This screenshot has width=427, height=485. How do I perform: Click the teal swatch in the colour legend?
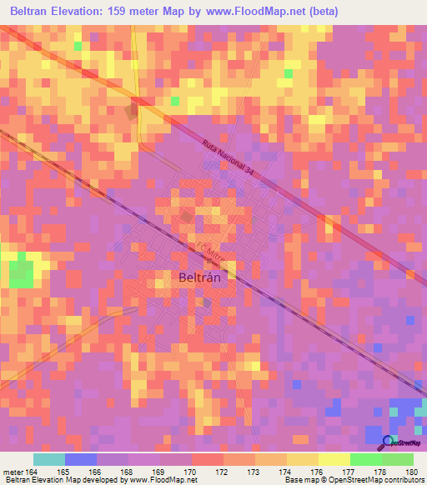click(49, 459)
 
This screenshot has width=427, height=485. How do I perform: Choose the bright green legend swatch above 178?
click(365, 459)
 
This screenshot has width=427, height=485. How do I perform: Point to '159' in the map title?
click(142, 11)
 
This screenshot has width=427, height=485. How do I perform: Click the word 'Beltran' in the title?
click(36, 11)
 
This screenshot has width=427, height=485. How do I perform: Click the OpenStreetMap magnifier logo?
click(388, 441)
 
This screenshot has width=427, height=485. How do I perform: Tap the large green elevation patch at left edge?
click(23, 272)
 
